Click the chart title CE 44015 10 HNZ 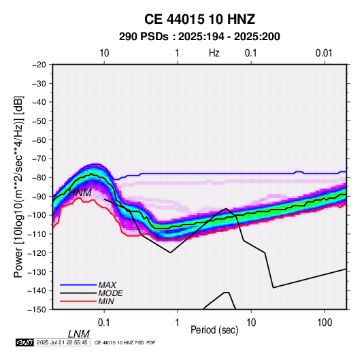tap(199, 19)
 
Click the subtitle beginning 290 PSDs tap(199, 37)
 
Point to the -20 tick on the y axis tap(39, 65)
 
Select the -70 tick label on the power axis tap(39, 159)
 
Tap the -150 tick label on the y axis tap(37, 310)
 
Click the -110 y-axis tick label tap(37, 234)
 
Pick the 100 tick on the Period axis tap(325, 323)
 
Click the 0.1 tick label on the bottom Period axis tap(104, 323)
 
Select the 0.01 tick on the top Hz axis tap(324, 53)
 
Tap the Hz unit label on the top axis tap(214, 53)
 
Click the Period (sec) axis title tap(214, 330)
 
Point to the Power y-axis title tap(18, 187)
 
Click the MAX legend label tap(107, 284)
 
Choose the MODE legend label tap(110, 293)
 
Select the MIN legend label tap(106, 301)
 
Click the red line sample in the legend tap(78, 301)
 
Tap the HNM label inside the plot tap(80, 193)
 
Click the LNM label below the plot tap(78, 334)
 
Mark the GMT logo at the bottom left tap(25, 342)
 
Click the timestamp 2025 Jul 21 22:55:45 tap(62, 342)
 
